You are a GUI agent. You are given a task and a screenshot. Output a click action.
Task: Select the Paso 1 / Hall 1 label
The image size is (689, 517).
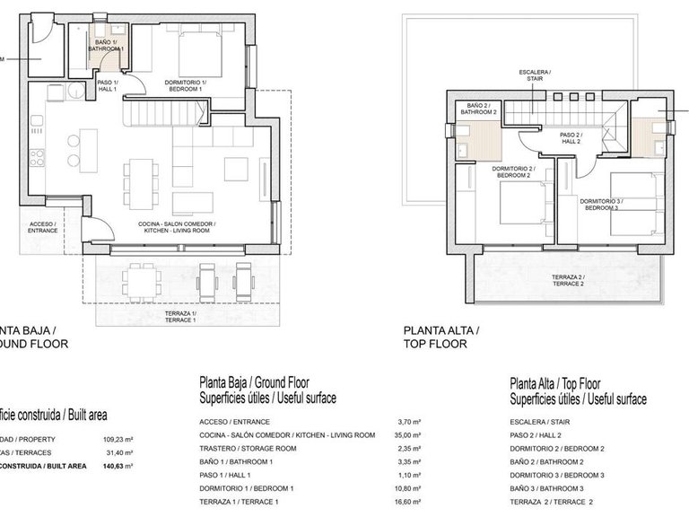click(108, 86)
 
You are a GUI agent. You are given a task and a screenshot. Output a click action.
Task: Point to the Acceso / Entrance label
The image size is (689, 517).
click(43, 227)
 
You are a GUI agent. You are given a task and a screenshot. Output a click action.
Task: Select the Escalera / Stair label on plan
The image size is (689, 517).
click(535, 75)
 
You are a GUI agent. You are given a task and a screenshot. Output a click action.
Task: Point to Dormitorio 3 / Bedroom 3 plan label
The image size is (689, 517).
click(600, 205)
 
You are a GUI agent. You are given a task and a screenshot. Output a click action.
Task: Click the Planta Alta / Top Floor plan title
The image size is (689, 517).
click(441, 337)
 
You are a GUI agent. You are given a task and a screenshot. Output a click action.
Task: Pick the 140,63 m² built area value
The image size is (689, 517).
click(118, 466)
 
